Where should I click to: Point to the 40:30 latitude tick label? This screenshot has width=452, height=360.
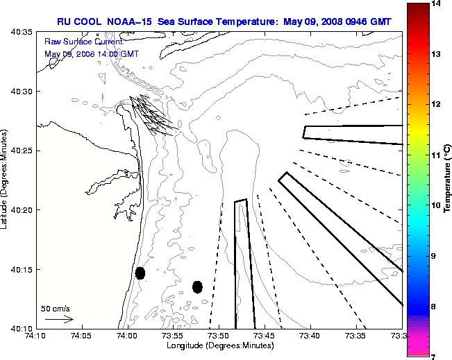coord(24,92)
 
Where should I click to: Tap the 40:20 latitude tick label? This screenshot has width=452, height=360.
coord(24,210)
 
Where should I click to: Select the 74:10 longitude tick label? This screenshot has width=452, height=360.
coord(36,336)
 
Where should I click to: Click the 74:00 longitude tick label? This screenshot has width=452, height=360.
coord(127,336)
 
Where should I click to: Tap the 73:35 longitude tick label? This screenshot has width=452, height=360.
coord(355,336)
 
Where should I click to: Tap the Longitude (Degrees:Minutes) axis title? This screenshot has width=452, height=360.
coord(219,345)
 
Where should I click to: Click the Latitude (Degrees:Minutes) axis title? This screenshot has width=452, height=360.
coord(6,180)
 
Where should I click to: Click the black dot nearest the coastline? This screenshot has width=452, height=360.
coord(140,273)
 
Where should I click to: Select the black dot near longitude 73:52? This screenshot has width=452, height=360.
coord(197,286)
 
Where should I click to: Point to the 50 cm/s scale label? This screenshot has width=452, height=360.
coord(56,309)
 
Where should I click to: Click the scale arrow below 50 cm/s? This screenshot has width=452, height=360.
coord(59,320)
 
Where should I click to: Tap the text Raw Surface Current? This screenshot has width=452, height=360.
coord(75,42)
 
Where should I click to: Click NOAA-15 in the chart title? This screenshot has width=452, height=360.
coord(131,22)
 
